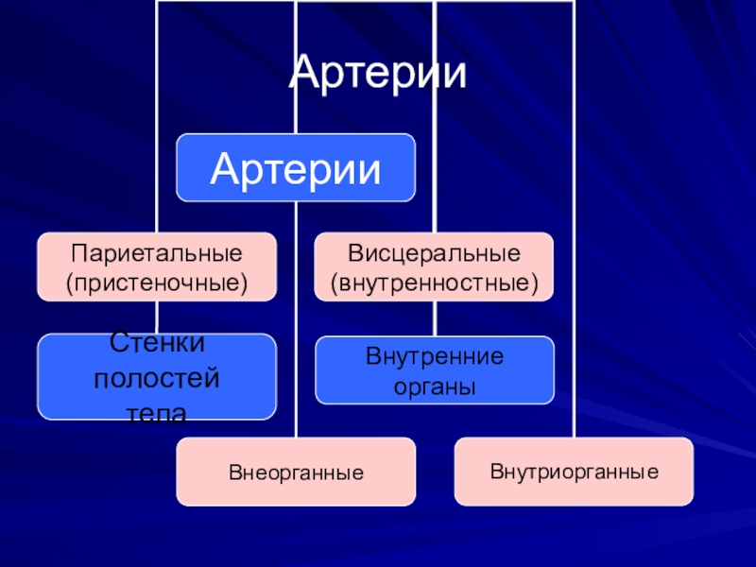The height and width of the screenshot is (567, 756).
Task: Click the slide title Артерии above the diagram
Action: click(x=377, y=74)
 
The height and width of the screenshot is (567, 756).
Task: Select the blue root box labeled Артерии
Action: click(x=296, y=168)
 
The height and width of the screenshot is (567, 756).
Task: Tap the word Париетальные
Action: click(x=157, y=254)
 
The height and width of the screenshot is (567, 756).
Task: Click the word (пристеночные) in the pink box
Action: click(x=157, y=281)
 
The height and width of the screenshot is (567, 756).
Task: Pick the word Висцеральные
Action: click(x=434, y=254)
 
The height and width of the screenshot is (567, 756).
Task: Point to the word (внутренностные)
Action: click(x=434, y=281)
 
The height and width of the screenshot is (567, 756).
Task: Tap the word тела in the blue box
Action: click(x=157, y=412)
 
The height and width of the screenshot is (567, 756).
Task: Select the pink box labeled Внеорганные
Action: click(x=296, y=471)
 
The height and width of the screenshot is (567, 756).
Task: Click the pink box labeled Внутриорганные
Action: click(x=574, y=470)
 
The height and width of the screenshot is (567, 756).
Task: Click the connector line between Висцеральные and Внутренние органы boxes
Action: click(x=435, y=318)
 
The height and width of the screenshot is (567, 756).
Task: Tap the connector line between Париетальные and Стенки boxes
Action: click(x=157, y=318)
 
